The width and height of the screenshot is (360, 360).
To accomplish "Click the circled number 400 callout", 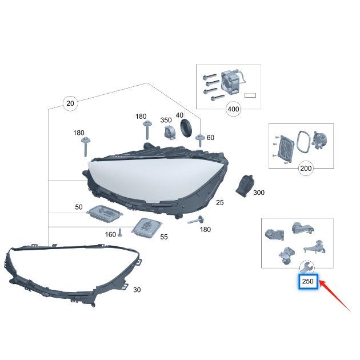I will [x=233, y=109].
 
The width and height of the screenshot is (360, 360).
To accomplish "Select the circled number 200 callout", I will [x=306, y=169].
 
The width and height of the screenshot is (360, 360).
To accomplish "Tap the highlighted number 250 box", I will [x=308, y=281].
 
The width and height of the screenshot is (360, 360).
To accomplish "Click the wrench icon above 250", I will [x=306, y=267].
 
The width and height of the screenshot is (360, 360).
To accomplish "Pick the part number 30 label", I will [x=137, y=290].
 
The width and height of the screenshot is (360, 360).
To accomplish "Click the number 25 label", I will [x=219, y=202].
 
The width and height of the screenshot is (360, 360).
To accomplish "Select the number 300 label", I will [x=258, y=193].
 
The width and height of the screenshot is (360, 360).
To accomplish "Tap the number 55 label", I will [x=163, y=237].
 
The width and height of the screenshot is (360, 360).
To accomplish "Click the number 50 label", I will [x=78, y=207].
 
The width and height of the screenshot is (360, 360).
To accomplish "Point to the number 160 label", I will [x=110, y=234].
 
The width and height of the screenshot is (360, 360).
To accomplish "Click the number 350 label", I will [x=166, y=120].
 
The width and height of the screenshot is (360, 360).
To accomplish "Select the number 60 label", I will [x=210, y=138].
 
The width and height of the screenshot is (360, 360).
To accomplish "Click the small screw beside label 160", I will [x=121, y=233].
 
